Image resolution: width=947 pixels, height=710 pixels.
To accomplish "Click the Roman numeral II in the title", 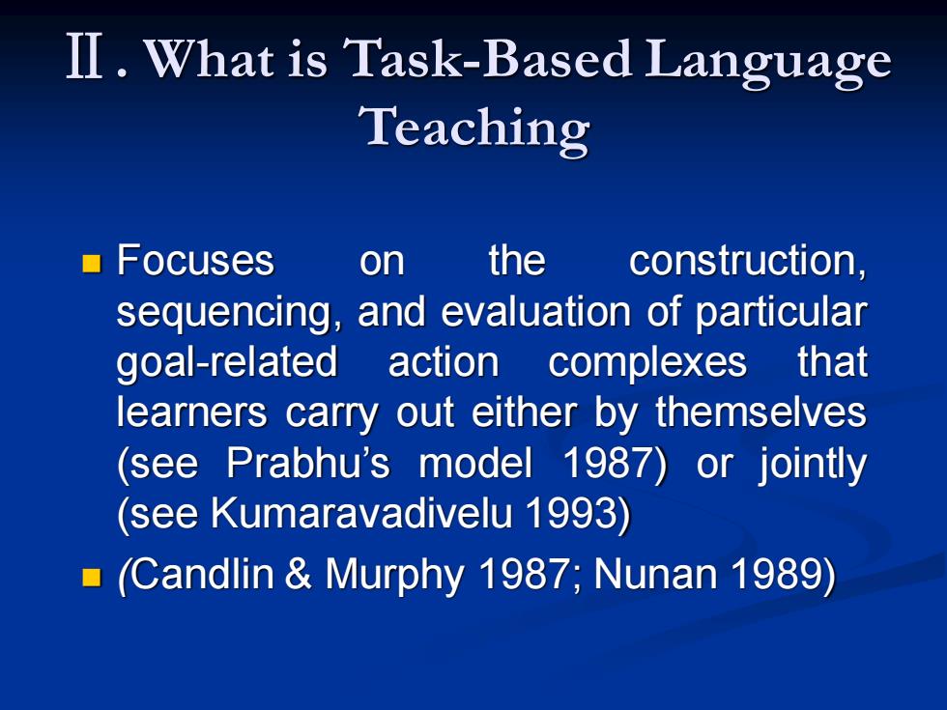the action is (84, 56).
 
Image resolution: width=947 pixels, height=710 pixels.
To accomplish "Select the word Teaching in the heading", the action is (474, 128).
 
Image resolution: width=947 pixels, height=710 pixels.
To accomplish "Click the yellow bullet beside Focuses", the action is (91, 263).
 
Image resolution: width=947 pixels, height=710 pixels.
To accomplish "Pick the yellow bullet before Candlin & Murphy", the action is (91, 577).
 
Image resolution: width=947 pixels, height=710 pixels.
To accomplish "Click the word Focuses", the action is (195, 260).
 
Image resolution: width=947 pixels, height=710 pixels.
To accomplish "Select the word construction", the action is (748, 262).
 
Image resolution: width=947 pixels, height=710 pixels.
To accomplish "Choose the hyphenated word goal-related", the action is (226, 363).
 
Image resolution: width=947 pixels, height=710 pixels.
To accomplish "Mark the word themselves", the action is (761, 412).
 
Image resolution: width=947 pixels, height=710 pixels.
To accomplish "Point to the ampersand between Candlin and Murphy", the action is (298, 574).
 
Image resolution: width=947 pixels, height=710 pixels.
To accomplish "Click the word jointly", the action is (813, 466).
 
